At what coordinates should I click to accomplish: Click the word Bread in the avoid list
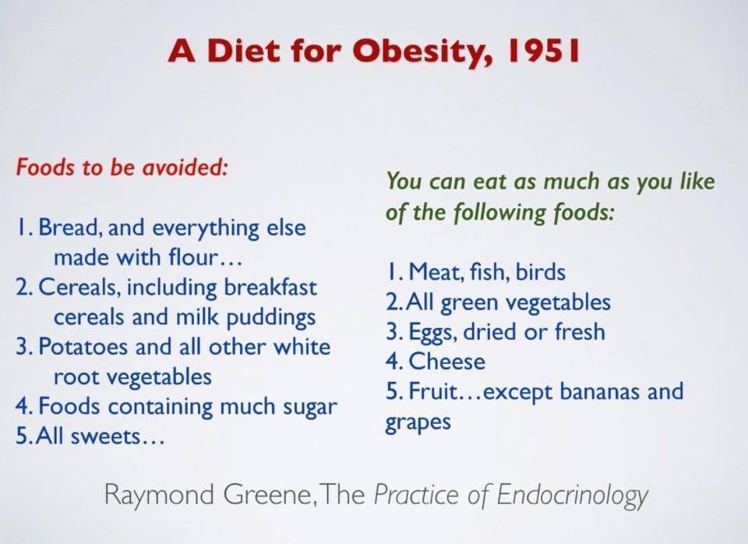click(69, 227)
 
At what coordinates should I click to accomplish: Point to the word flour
click(193, 257)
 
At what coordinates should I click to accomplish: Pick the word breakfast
click(270, 287)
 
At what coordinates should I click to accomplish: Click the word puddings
click(271, 318)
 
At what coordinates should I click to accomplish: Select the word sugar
click(310, 408)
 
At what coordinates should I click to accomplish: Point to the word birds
click(541, 272)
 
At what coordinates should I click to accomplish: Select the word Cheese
click(447, 361)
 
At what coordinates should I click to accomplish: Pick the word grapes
click(418, 422)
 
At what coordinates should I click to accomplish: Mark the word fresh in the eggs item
click(580, 331)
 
